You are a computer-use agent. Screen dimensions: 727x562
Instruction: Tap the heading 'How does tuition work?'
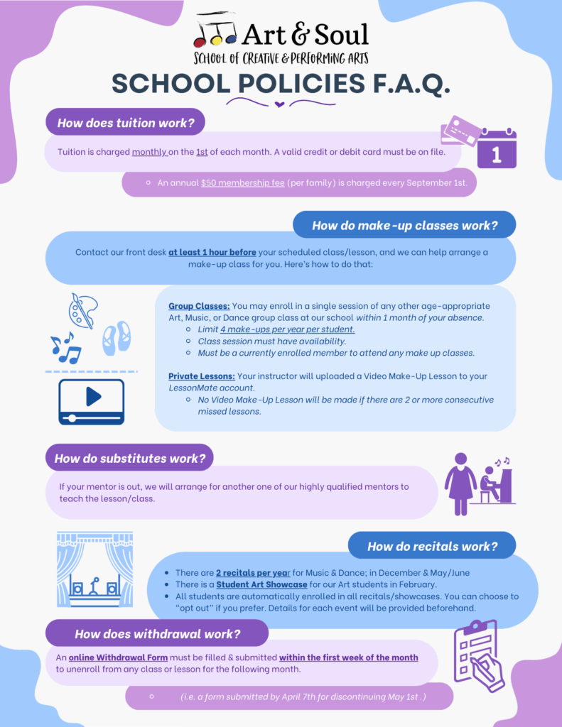126,123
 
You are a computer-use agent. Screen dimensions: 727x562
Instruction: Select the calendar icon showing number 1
497,148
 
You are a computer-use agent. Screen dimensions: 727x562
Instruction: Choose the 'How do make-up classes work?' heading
404,226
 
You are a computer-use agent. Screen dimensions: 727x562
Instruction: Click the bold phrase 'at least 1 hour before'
212,252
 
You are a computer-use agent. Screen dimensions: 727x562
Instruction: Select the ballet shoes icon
116,338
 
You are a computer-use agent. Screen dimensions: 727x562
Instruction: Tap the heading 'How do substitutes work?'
129,459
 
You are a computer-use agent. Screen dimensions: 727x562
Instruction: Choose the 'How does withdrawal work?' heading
157,634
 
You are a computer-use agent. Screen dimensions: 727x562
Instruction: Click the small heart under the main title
279,105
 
